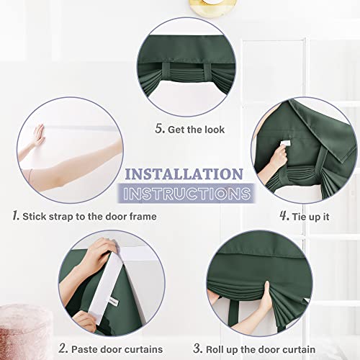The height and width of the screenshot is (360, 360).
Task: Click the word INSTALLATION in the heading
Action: tap(184, 174)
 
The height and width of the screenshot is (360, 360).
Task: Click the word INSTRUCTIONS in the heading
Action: tap(186, 193)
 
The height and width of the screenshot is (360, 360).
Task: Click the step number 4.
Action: tap(284, 215)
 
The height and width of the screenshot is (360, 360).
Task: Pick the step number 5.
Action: tap(160, 130)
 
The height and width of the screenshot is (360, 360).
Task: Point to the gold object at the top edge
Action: tap(175, 5)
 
